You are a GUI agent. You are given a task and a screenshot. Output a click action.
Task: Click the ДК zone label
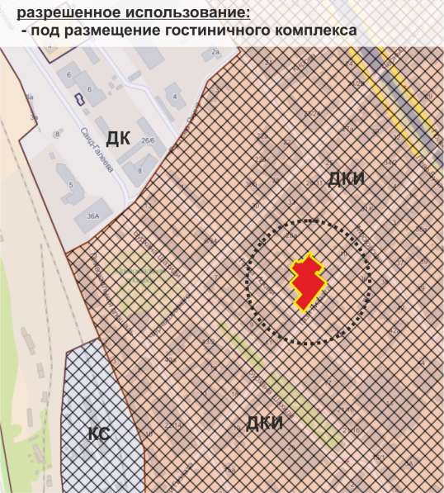(118, 138)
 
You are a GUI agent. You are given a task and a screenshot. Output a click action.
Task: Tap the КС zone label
(99, 434)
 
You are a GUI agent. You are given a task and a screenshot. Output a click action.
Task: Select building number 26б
(148, 141)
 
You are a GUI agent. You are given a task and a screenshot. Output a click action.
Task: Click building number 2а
(215, 52)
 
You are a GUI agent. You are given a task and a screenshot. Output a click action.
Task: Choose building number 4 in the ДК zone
(175, 97)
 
